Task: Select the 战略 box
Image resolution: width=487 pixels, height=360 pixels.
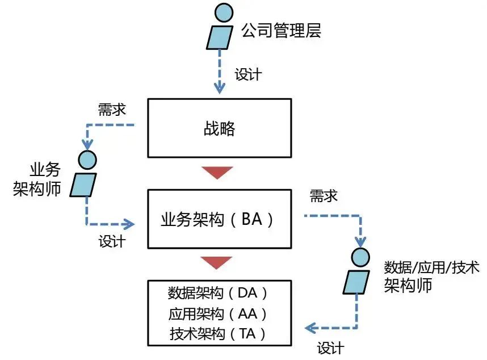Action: pyautogui.click(x=219, y=128)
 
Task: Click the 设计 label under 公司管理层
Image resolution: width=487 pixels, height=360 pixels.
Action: pyautogui.click(x=248, y=74)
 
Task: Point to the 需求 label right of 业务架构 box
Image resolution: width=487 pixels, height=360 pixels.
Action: pyautogui.click(x=324, y=196)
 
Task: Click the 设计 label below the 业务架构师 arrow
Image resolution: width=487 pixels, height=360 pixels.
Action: pyautogui.click(x=112, y=241)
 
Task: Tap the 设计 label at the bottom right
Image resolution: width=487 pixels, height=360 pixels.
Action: pyautogui.click(x=330, y=347)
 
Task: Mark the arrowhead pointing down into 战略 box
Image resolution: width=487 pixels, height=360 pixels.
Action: pyautogui.click(x=219, y=89)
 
